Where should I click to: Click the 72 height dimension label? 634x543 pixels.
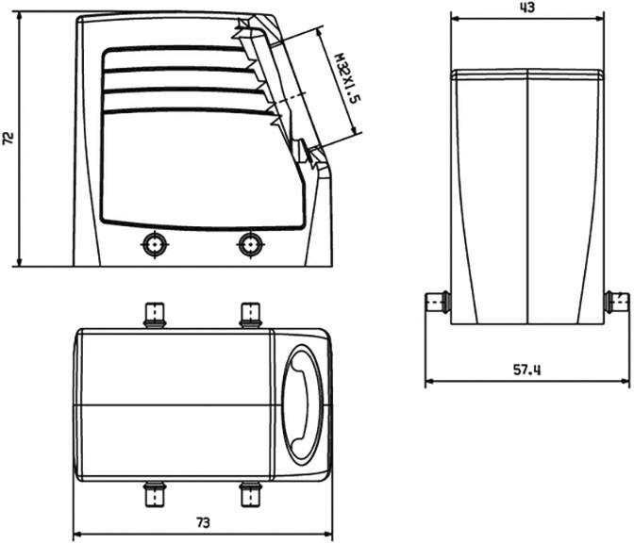point(8,138)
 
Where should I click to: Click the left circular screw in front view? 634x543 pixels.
point(153,244)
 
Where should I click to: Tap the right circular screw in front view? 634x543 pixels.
point(249,244)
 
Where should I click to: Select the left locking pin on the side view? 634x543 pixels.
point(436,303)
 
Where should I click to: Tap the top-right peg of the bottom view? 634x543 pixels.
point(250,313)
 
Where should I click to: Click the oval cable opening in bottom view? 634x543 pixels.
point(305,403)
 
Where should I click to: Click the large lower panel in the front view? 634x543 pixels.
point(198,170)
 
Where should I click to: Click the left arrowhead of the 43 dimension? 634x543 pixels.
point(455,19)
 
